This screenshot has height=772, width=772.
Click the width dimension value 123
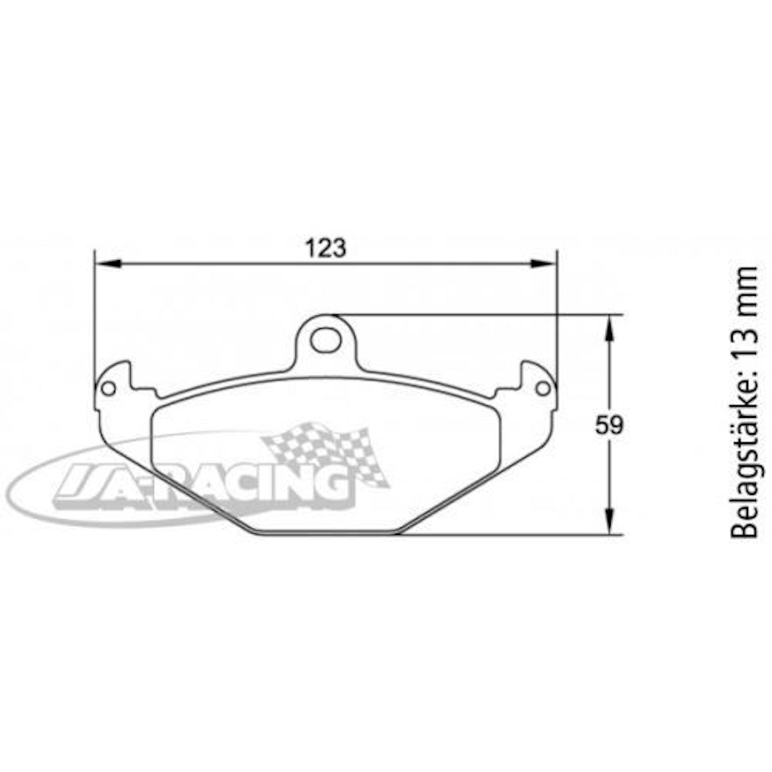pos(325,248)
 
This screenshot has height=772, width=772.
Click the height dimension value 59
pos(610,426)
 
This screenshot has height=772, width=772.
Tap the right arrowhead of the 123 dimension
pos(544,263)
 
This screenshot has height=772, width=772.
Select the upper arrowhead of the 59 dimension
pos(609,327)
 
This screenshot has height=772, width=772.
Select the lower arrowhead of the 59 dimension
pos(609,521)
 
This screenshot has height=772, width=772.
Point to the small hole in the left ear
pos(108,388)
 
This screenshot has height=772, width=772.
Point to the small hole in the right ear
pos(543,388)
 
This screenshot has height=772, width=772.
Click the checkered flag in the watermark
pos(326,451)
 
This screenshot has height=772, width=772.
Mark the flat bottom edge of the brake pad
pos(326,534)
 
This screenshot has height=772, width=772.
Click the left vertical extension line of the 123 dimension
pos(94,321)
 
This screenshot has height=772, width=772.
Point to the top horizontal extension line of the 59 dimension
pos(481,315)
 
